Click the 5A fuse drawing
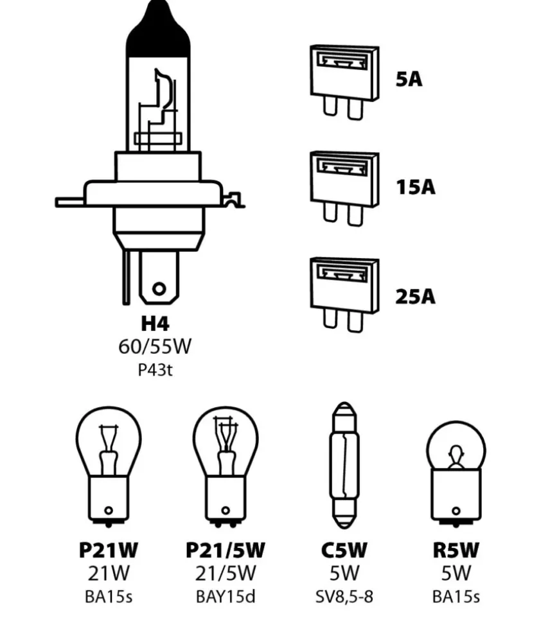343,80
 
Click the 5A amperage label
409,80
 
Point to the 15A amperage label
414,187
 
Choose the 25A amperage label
414,297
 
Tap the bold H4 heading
155,323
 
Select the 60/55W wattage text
155,347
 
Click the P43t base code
155,371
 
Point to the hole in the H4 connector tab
159,288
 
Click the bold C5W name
344,550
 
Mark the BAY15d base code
225,597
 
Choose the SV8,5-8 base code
344,597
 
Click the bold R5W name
456,550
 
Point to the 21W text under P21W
108,573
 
